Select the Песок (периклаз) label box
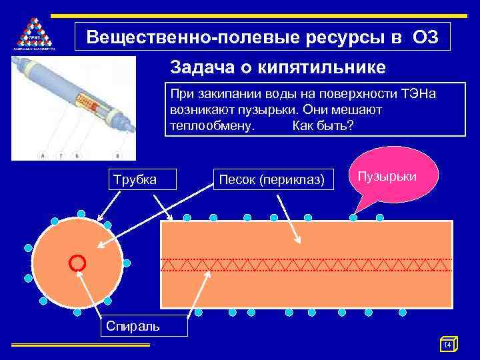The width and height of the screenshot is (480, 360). (272, 179)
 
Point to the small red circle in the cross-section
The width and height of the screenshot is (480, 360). (77, 262)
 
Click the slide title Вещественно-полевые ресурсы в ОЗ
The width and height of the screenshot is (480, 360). (262, 37)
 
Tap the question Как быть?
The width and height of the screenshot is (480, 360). (323, 125)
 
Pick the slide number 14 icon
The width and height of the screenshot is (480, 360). (448, 344)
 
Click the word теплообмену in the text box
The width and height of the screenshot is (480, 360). (211, 125)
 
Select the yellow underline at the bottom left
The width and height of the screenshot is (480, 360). (80, 345)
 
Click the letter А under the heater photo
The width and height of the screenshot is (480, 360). (43, 156)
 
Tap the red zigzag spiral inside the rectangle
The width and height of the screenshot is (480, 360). (307, 265)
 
